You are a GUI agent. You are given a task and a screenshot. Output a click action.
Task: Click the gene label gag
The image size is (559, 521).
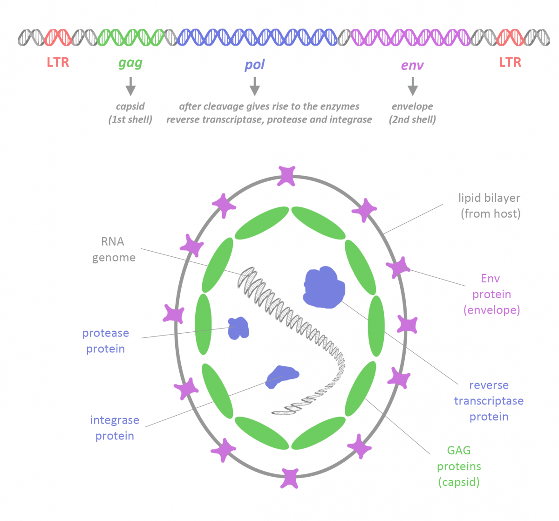tap(130, 63)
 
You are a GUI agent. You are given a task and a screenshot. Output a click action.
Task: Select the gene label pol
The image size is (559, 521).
tap(254, 65)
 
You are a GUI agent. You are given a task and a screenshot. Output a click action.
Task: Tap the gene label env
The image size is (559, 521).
tap(412, 65)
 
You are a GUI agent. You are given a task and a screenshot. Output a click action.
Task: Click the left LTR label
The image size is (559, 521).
tap(58, 62)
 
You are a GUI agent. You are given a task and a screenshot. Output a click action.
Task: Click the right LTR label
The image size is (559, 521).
tap(510, 62)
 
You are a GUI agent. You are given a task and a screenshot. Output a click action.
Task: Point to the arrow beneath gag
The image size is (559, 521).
tap(130, 86)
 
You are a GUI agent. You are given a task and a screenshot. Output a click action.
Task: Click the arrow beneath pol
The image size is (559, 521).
tap(254, 86)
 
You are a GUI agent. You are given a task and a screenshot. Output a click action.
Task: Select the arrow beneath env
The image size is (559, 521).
tap(412, 86)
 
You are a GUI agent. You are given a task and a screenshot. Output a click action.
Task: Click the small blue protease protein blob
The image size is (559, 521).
tap(239, 328)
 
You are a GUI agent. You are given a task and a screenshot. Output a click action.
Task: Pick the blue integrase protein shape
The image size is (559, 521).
tap(281, 376)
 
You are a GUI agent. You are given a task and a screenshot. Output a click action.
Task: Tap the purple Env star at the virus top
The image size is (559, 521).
tap(286, 176)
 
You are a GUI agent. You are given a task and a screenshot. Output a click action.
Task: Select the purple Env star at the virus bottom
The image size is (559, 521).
tap(289, 478)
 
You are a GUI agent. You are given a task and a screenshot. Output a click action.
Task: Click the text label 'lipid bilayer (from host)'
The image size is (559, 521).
tap(490, 206)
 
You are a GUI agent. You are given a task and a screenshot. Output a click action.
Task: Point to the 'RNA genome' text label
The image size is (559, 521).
tap(113, 249)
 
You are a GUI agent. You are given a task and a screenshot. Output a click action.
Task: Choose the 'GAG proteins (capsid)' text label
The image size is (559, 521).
tap(459, 466)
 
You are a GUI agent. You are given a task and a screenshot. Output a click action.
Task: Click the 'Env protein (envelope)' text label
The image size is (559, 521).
tap(491, 294)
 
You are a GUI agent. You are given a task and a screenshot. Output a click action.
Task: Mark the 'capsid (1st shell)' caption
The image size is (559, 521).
tap(130, 113)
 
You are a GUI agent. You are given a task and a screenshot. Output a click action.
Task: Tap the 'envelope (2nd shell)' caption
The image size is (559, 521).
tap(412, 113)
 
